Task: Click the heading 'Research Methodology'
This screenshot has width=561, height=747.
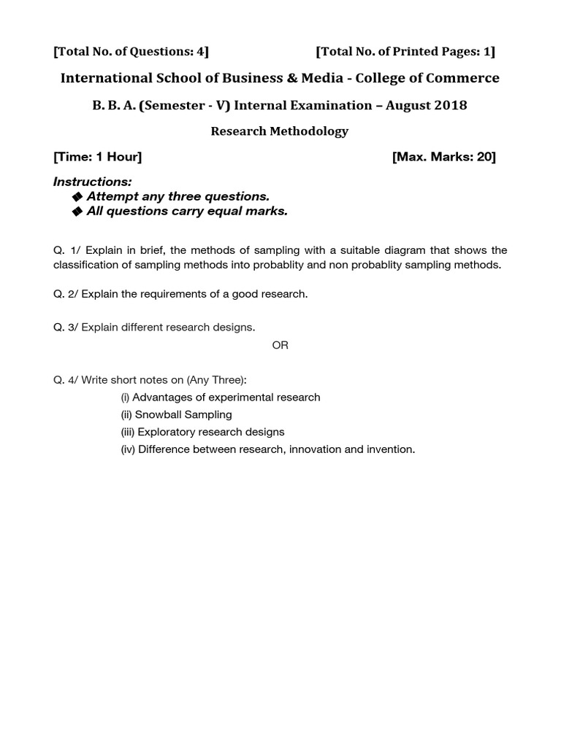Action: click(280, 131)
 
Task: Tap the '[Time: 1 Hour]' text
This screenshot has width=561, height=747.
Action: click(98, 157)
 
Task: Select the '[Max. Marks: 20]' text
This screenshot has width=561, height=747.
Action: click(444, 157)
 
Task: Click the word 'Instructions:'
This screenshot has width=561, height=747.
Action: click(93, 181)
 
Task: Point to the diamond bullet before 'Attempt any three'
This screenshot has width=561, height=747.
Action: click(78, 196)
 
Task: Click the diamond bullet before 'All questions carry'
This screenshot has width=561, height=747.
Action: click(78, 212)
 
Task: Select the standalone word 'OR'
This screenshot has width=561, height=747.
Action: click(280, 345)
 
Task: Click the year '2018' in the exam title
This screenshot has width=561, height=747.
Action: click(448, 105)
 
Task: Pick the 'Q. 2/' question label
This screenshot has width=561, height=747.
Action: click(66, 294)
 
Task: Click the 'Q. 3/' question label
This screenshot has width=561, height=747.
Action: click(66, 328)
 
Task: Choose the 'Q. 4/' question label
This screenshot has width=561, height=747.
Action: click(66, 380)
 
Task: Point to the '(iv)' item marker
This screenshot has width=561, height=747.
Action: click(128, 449)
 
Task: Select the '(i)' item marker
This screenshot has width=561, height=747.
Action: click(125, 398)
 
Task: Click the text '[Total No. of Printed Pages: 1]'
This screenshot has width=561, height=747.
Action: click(405, 51)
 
